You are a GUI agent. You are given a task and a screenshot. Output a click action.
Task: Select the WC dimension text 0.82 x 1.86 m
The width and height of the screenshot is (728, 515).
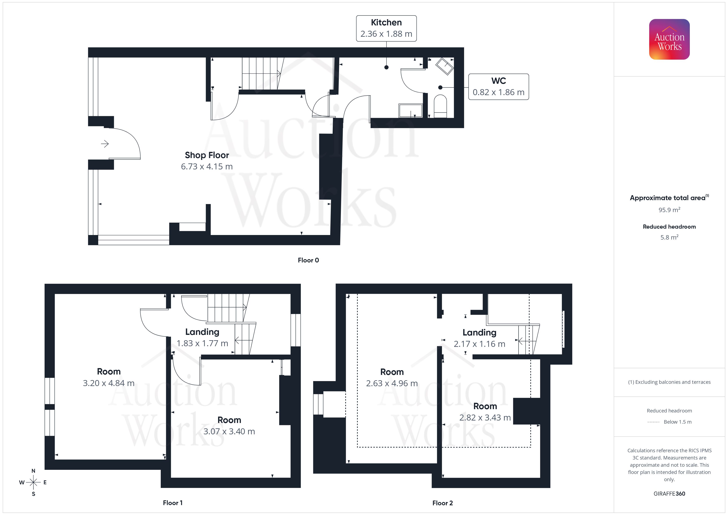(x=499, y=92)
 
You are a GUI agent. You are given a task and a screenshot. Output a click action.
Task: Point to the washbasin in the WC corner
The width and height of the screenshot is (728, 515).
(x=445, y=66)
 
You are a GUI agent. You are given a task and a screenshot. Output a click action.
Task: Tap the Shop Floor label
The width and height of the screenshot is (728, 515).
(x=207, y=155)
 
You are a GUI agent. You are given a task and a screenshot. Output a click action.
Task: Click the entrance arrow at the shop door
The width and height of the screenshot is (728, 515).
(x=105, y=144)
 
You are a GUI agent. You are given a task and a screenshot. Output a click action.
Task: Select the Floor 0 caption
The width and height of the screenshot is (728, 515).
(x=308, y=260)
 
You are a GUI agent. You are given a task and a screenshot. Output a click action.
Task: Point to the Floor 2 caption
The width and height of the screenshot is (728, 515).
(x=442, y=503)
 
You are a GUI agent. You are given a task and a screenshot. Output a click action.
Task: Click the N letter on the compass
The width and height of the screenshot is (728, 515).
(x=33, y=471)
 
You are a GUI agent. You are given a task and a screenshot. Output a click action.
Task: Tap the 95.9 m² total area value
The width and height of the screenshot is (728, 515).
(x=669, y=210)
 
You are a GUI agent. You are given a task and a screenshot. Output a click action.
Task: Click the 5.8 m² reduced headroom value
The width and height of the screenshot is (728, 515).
(x=669, y=237)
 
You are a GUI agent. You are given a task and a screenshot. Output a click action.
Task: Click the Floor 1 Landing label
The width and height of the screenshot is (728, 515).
(x=202, y=332)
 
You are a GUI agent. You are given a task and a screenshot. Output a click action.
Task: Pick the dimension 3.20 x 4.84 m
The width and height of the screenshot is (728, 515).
(x=109, y=383)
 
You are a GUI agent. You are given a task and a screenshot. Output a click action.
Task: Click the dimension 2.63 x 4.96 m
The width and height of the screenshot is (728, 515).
(x=392, y=383)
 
